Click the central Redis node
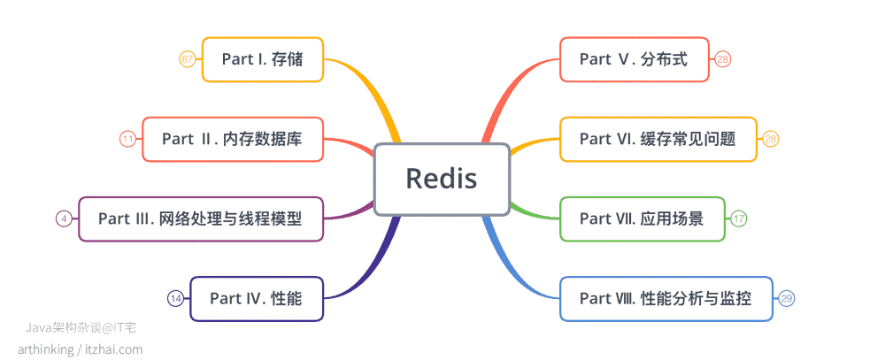442,179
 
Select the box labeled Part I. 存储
263,59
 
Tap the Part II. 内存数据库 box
233,139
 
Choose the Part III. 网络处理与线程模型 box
200,219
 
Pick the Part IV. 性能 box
257,298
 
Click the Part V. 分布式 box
635,59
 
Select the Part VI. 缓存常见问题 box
658,139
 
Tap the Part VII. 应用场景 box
642,219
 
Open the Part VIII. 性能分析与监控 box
666,298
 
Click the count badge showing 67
188,59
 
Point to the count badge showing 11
127,139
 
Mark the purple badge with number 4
64,219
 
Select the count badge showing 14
175,298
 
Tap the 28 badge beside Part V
723,59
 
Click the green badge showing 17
738,219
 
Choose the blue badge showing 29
787,298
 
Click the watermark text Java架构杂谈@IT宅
81,328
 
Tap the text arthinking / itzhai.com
81,349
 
